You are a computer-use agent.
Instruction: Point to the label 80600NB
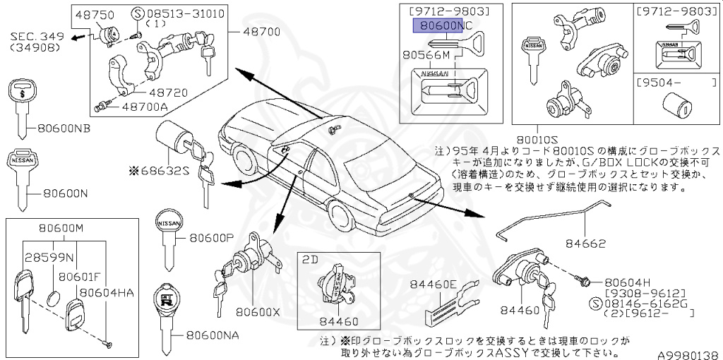coord(64,128)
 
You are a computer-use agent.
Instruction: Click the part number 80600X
coord(258,311)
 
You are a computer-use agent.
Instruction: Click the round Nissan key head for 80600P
coord(168,222)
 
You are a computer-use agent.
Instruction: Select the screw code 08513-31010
coord(179,13)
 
